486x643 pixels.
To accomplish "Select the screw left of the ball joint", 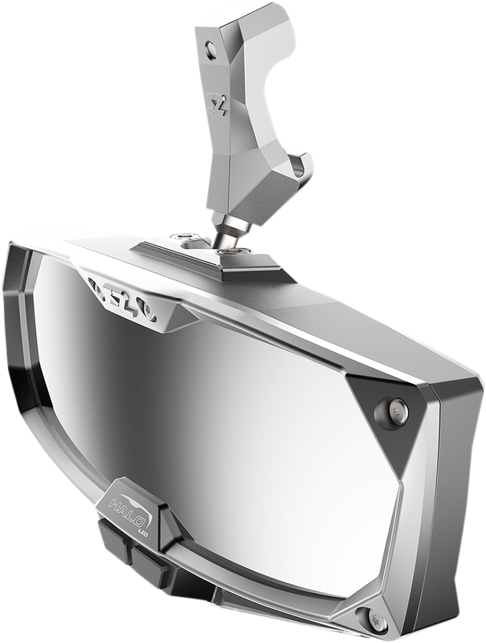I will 183,236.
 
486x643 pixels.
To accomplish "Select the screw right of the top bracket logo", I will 153,310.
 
